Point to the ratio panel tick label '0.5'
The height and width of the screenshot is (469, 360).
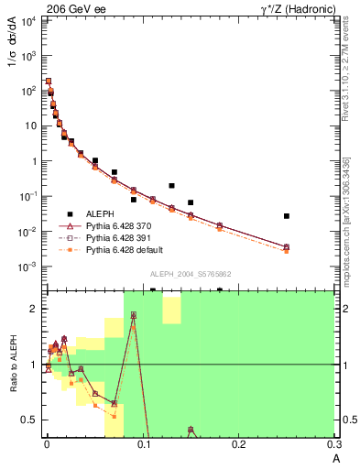[x=31, y=420]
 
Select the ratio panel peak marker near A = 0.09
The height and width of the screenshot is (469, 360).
[x=134, y=315]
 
